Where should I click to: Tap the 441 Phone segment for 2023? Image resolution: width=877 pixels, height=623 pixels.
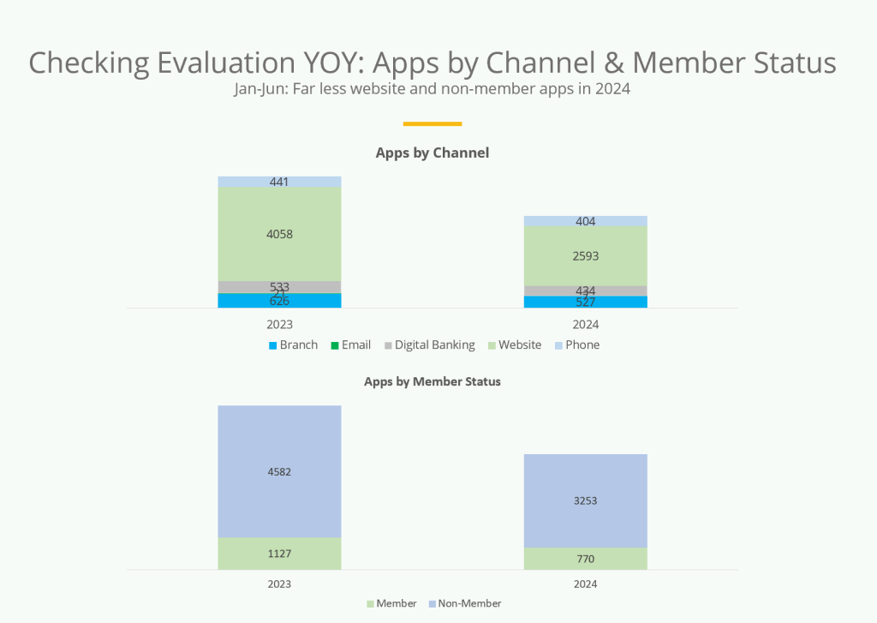tap(279, 182)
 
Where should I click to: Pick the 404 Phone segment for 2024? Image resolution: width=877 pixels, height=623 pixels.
tap(585, 221)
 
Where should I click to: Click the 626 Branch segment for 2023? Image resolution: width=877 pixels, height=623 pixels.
tap(279, 301)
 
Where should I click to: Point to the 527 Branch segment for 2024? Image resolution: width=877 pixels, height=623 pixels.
tap(585, 302)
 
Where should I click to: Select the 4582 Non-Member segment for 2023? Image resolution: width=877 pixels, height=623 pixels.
tap(279, 471)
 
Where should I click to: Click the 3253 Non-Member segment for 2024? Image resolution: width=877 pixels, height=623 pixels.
tap(585, 500)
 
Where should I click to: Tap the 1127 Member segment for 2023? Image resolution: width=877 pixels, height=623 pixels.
tap(279, 554)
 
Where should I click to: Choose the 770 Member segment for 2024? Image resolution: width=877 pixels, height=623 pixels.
tap(585, 559)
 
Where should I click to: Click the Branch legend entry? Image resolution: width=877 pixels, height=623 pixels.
tap(293, 345)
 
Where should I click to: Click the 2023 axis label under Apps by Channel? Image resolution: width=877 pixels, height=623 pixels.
tap(279, 325)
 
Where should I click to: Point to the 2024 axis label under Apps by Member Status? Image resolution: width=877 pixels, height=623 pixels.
tap(585, 584)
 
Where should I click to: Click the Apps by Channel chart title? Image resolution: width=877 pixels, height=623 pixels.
tap(433, 153)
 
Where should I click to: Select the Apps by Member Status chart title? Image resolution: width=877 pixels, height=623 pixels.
tap(433, 381)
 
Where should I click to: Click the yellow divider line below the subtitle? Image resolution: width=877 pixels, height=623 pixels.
tap(433, 123)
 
